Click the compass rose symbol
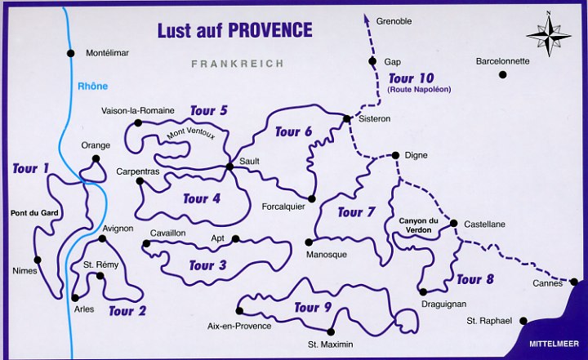click(x=548, y=33)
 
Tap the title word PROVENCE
click(x=269, y=30)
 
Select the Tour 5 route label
click(x=208, y=110)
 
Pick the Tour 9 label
click(x=313, y=307)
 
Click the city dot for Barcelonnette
click(x=503, y=74)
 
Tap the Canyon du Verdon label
click(x=420, y=224)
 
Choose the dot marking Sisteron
click(x=347, y=119)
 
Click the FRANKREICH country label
click(x=237, y=64)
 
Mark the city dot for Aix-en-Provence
click(x=239, y=310)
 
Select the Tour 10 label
click(x=412, y=78)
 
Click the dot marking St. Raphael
click(x=523, y=321)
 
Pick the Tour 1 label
click(x=31, y=169)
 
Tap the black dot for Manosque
click(x=309, y=242)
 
